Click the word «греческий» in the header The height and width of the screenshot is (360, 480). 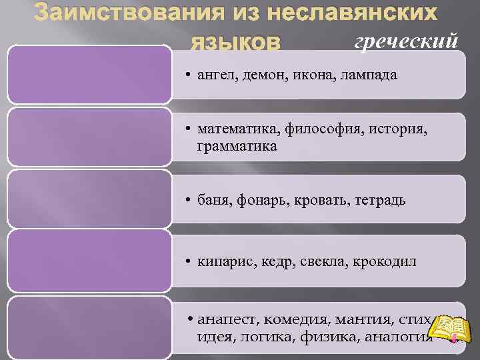coord(406,40)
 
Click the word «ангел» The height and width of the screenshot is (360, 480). coord(215,75)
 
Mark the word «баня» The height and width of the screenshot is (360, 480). coord(212,200)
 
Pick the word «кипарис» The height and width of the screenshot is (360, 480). coord(223,261)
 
